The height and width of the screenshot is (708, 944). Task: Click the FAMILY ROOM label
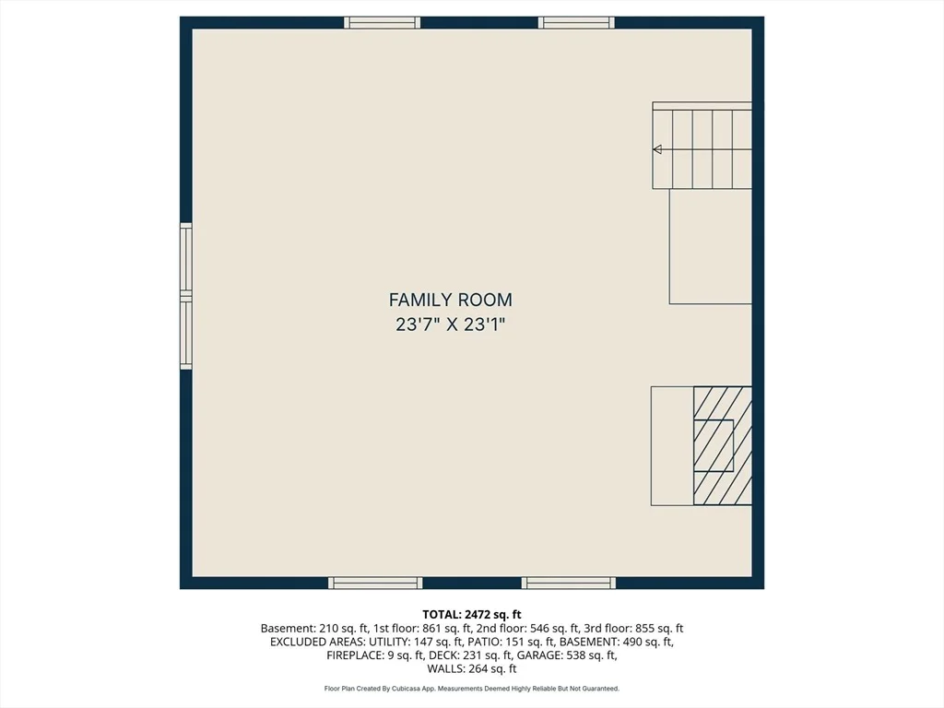pyautogui.click(x=450, y=300)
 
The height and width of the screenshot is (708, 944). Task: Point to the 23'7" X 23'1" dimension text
pyautogui.click(x=450, y=324)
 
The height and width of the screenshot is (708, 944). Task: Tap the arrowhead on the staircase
pyautogui.click(x=657, y=149)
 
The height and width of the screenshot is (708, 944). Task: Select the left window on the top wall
pyautogui.click(x=383, y=23)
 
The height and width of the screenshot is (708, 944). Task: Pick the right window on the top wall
pyautogui.click(x=576, y=23)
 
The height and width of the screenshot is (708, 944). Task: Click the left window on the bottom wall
pyautogui.click(x=375, y=583)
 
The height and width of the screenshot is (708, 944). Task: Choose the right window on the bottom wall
pyautogui.click(x=568, y=583)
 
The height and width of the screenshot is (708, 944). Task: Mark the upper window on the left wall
pyautogui.click(x=186, y=259)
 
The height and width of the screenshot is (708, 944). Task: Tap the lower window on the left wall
pyautogui.click(x=186, y=333)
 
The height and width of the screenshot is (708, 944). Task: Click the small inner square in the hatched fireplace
pyautogui.click(x=714, y=445)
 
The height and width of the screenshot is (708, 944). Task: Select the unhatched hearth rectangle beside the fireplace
pyautogui.click(x=672, y=445)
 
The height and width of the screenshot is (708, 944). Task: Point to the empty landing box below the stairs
pyautogui.click(x=711, y=246)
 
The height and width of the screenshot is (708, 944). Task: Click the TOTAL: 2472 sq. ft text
pyautogui.click(x=472, y=615)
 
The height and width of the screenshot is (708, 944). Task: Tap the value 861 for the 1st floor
pyautogui.click(x=432, y=629)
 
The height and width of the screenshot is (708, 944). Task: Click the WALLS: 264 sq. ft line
pyautogui.click(x=472, y=669)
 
